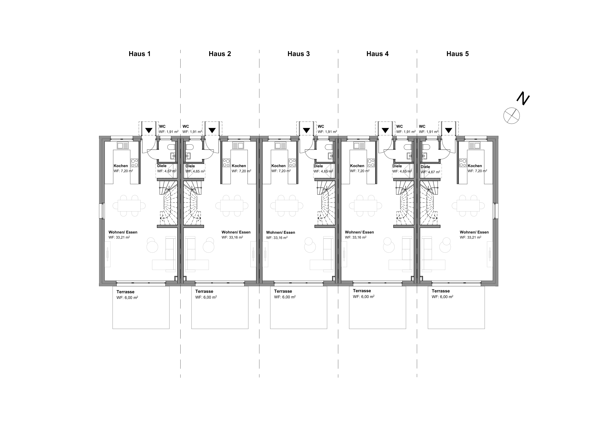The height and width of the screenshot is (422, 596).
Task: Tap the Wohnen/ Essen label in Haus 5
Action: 474,232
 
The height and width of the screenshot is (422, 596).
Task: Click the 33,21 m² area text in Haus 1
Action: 119,237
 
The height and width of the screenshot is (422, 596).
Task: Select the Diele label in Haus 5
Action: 425,167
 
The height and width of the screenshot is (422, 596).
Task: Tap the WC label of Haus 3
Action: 321,127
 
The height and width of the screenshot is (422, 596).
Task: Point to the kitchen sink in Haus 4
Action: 359,146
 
